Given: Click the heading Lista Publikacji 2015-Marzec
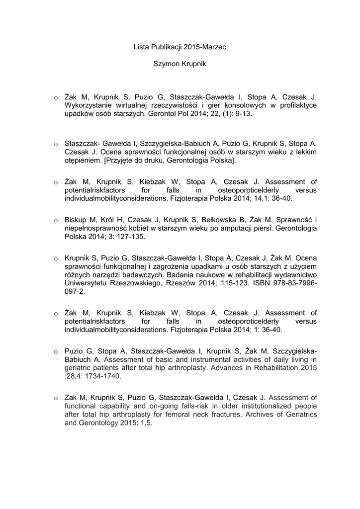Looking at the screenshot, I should point(180,47).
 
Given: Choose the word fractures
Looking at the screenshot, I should point(218,415).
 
